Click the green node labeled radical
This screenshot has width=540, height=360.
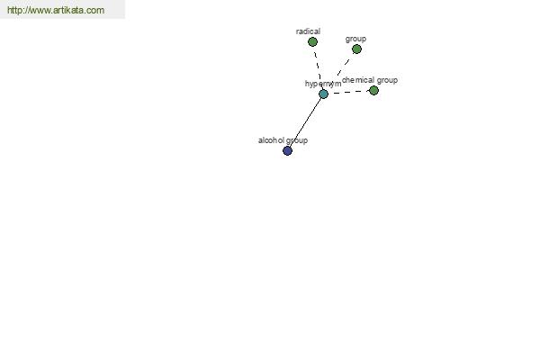(x=312, y=42)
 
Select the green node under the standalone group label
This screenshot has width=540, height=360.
(x=356, y=49)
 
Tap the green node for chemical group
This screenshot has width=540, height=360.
(x=373, y=91)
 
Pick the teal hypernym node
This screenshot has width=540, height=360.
(x=323, y=94)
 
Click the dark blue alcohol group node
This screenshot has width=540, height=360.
(x=288, y=151)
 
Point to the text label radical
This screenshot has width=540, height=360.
(x=308, y=31)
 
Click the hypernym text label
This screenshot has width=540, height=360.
(x=323, y=84)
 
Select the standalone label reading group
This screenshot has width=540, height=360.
(x=355, y=40)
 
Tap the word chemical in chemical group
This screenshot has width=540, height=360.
(x=358, y=80)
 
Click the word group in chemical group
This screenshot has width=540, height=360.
(x=387, y=81)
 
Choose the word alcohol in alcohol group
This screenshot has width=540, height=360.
(x=272, y=140)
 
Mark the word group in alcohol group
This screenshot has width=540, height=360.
(x=297, y=141)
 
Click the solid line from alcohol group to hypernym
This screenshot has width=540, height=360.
(x=305, y=122)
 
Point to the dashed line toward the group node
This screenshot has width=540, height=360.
(x=345, y=66)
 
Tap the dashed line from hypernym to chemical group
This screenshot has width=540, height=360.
(x=348, y=93)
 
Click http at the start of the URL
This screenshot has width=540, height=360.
(x=13, y=10)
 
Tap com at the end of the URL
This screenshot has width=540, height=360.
(x=95, y=11)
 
